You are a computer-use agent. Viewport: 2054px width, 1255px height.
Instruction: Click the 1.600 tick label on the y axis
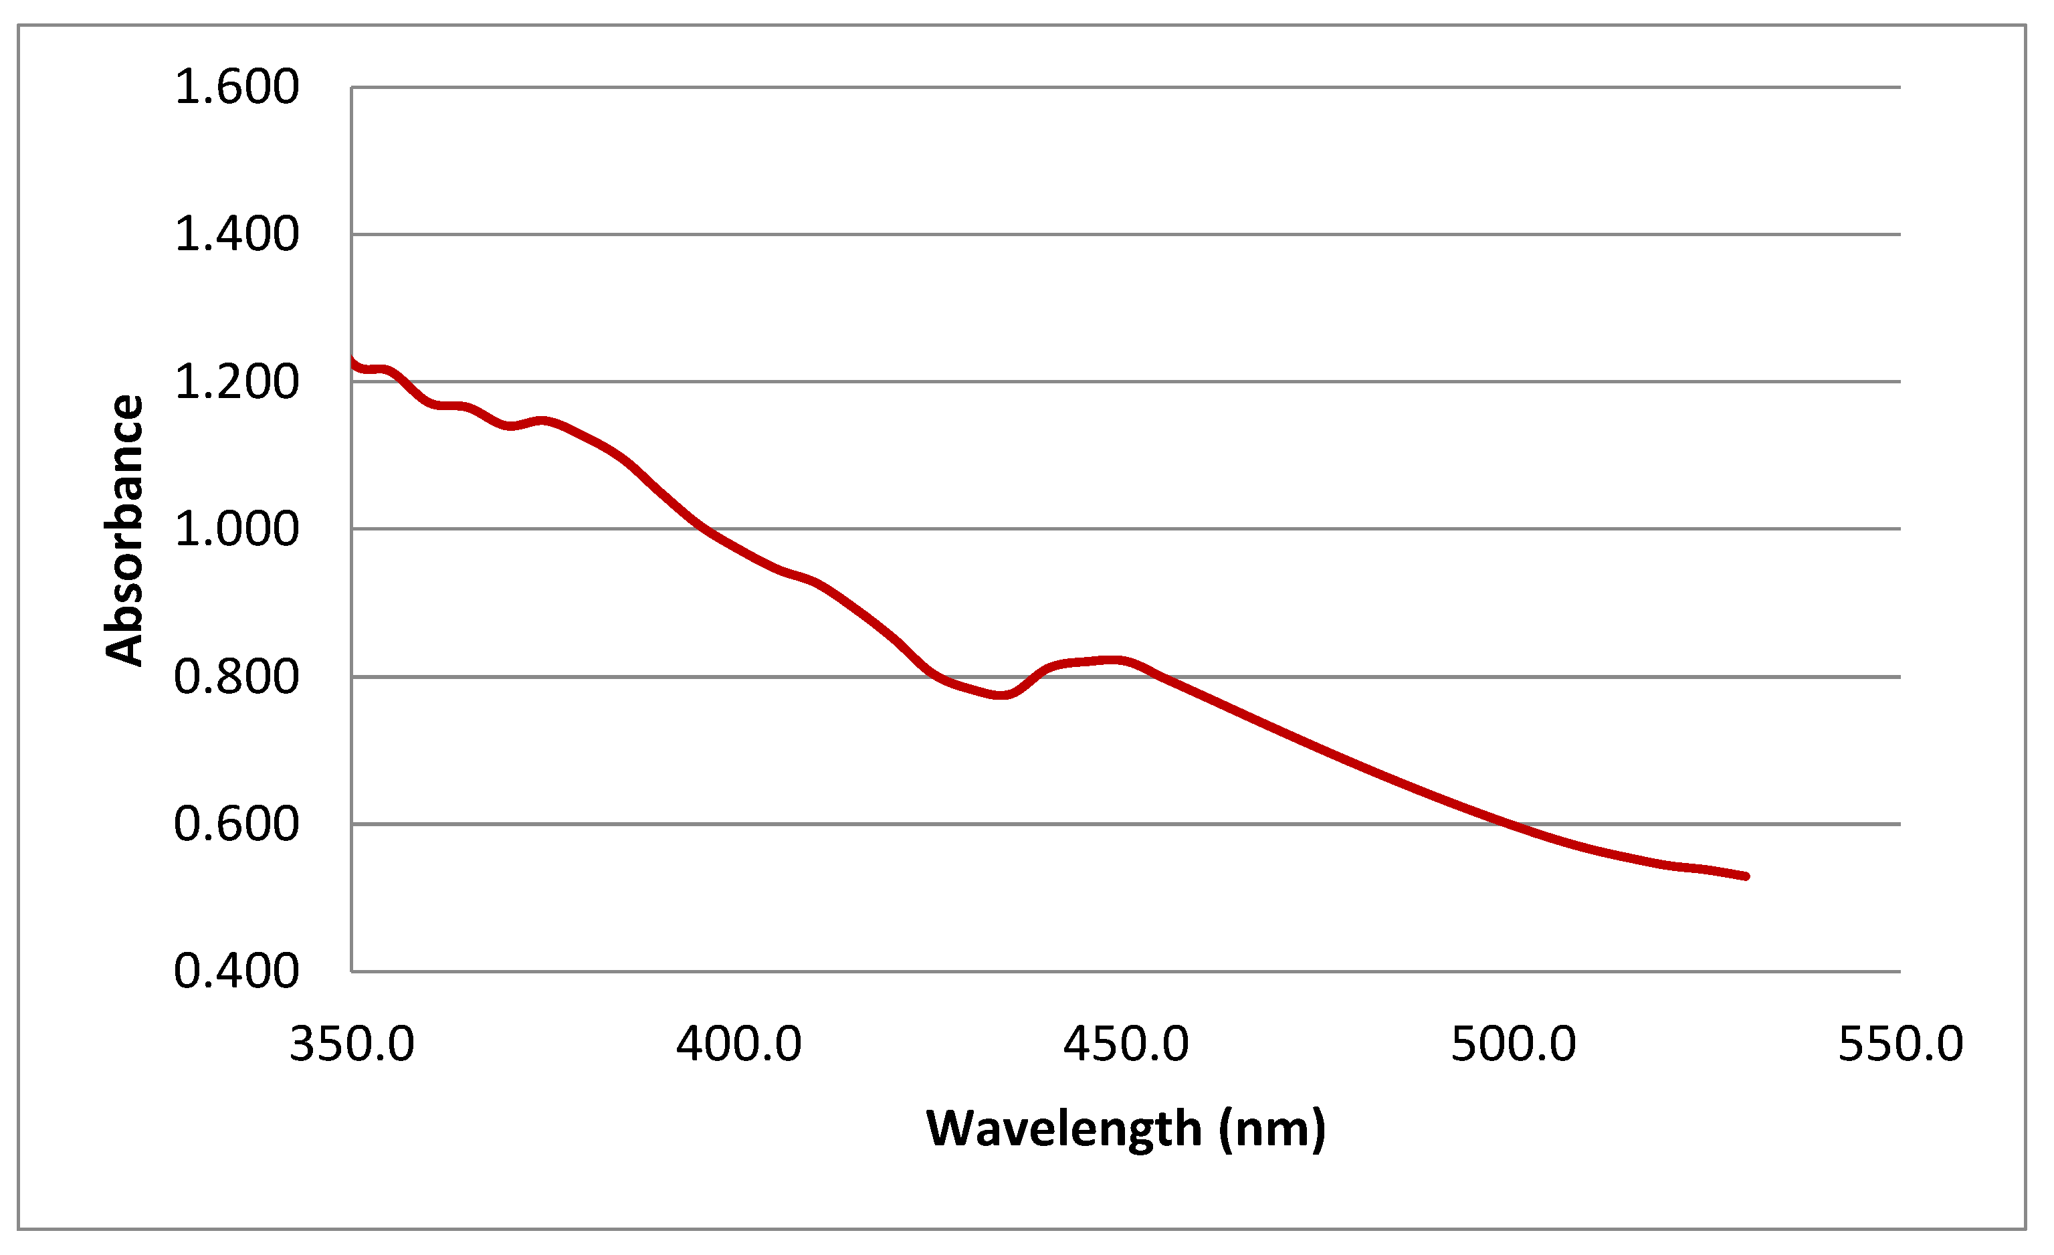[x=236, y=87]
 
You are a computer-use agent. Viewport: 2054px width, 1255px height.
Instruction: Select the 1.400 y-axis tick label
[x=236, y=234]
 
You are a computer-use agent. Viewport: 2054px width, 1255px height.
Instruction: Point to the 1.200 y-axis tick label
[x=236, y=383]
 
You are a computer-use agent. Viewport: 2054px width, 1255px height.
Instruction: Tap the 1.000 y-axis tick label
[x=236, y=530]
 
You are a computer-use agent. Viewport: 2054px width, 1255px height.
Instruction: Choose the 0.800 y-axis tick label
[x=236, y=677]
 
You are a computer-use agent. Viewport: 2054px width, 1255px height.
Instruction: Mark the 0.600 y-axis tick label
[x=236, y=825]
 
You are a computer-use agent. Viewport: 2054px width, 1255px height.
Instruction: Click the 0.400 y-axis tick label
[x=236, y=971]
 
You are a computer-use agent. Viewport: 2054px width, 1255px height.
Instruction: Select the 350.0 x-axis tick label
[x=352, y=1044]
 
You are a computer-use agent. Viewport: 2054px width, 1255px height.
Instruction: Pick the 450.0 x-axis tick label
[x=1126, y=1044]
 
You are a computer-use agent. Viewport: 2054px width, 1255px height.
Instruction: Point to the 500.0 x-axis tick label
[x=1513, y=1044]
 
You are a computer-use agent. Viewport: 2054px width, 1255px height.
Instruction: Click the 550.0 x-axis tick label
[x=1901, y=1044]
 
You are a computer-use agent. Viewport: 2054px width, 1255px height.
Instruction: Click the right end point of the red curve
[x=1746, y=876]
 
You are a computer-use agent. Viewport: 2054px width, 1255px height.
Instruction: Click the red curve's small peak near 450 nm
[x=1116, y=660]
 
